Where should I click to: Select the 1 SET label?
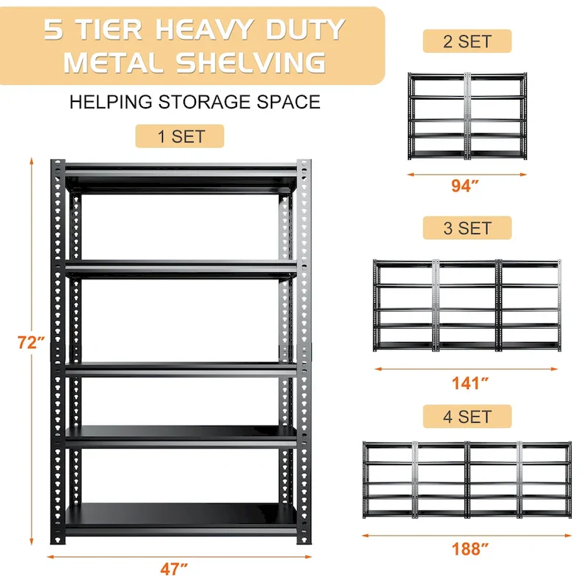(179, 136)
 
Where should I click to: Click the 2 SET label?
(467, 41)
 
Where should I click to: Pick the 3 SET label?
(467, 228)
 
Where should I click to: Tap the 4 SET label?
(467, 417)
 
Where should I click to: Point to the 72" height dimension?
(32, 341)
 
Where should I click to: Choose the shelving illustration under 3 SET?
(467, 304)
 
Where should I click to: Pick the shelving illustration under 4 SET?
(467, 480)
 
